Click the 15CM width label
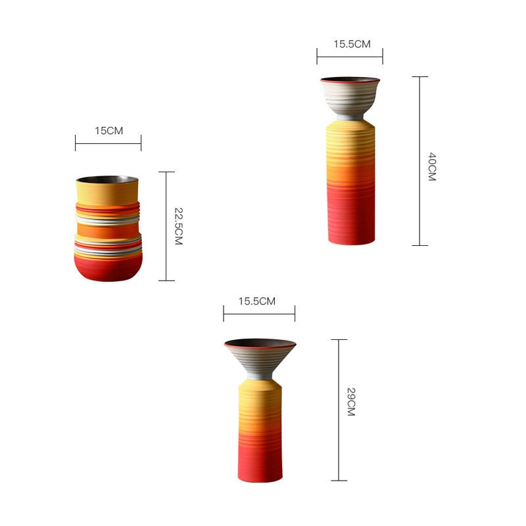[108, 130]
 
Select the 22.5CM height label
[179, 226]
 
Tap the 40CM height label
[432, 167]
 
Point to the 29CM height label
[351, 402]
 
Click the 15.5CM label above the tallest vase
[352, 44]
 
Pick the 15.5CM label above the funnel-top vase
[257, 301]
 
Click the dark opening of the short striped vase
[107, 179]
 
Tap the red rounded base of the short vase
[108, 268]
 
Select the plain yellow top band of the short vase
[107, 193]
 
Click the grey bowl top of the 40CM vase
[350, 97]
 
